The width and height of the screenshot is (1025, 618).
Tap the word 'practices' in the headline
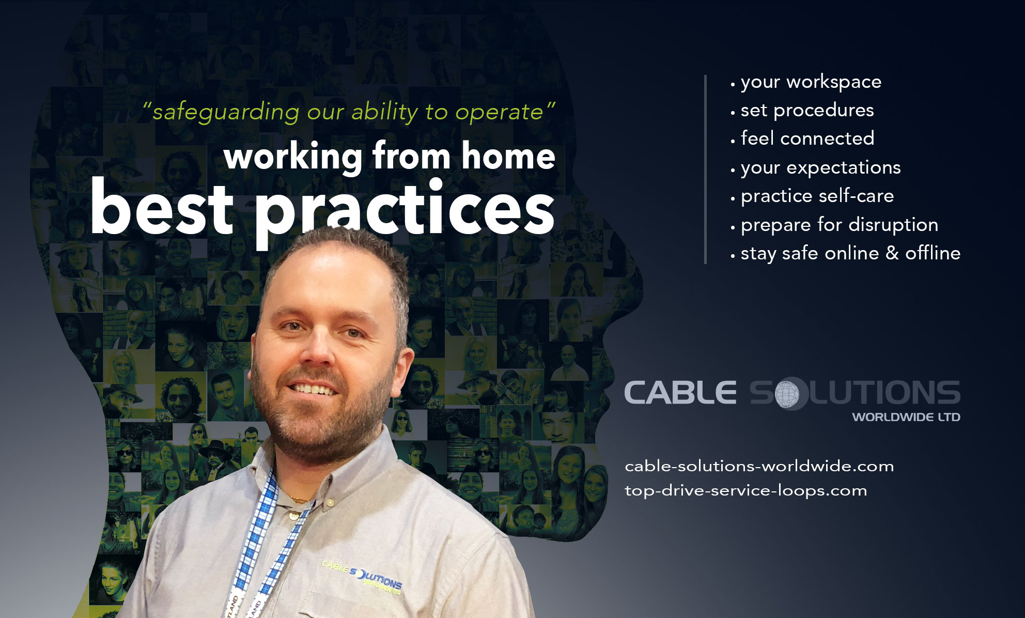click(x=405, y=213)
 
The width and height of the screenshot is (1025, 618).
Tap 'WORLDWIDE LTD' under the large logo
click(x=906, y=417)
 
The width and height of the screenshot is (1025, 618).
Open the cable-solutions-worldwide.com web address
click(x=759, y=466)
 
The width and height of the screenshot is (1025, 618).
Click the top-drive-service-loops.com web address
click(x=746, y=490)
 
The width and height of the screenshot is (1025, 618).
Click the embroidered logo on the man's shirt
click(x=362, y=577)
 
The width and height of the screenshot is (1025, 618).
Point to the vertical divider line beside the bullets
click(x=705, y=169)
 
